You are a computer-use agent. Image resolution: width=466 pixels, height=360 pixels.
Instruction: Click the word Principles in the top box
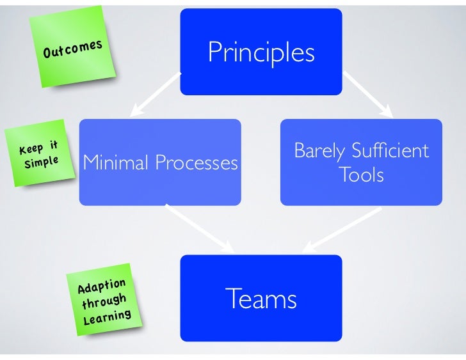pyautogui.click(x=261, y=53)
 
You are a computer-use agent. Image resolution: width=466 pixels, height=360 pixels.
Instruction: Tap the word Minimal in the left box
pyautogui.click(x=117, y=164)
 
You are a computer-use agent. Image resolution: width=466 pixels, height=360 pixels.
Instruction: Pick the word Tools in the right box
pyautogui.click(x=362, y=175)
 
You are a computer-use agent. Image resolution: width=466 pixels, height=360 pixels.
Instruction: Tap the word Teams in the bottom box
pyautogui.click(x=261, y=299)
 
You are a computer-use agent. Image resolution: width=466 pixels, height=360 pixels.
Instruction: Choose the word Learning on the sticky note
pyautogui.click(x=108, y=315)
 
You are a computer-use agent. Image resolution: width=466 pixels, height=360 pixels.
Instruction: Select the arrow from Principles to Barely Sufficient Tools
pyautogui.click(x=367, y=94)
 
